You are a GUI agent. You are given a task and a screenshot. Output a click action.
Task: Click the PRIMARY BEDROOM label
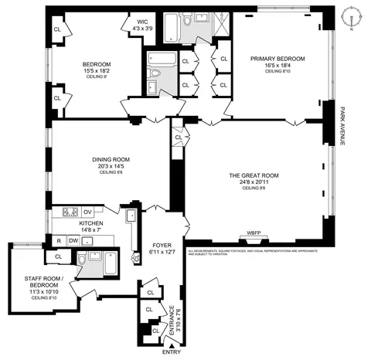(277, 59)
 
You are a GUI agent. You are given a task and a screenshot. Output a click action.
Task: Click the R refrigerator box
(58, 241)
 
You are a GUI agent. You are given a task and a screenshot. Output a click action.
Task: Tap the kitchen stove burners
(68, 212)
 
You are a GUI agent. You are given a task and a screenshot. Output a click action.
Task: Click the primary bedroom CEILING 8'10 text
(277, 72)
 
